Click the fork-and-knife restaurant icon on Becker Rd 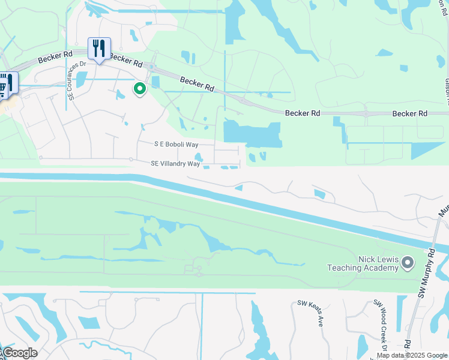100,49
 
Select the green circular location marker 140,89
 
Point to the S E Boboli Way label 176,145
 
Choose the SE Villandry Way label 175,163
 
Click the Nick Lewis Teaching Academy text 363,263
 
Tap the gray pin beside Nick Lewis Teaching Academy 409,263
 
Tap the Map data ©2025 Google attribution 411,355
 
